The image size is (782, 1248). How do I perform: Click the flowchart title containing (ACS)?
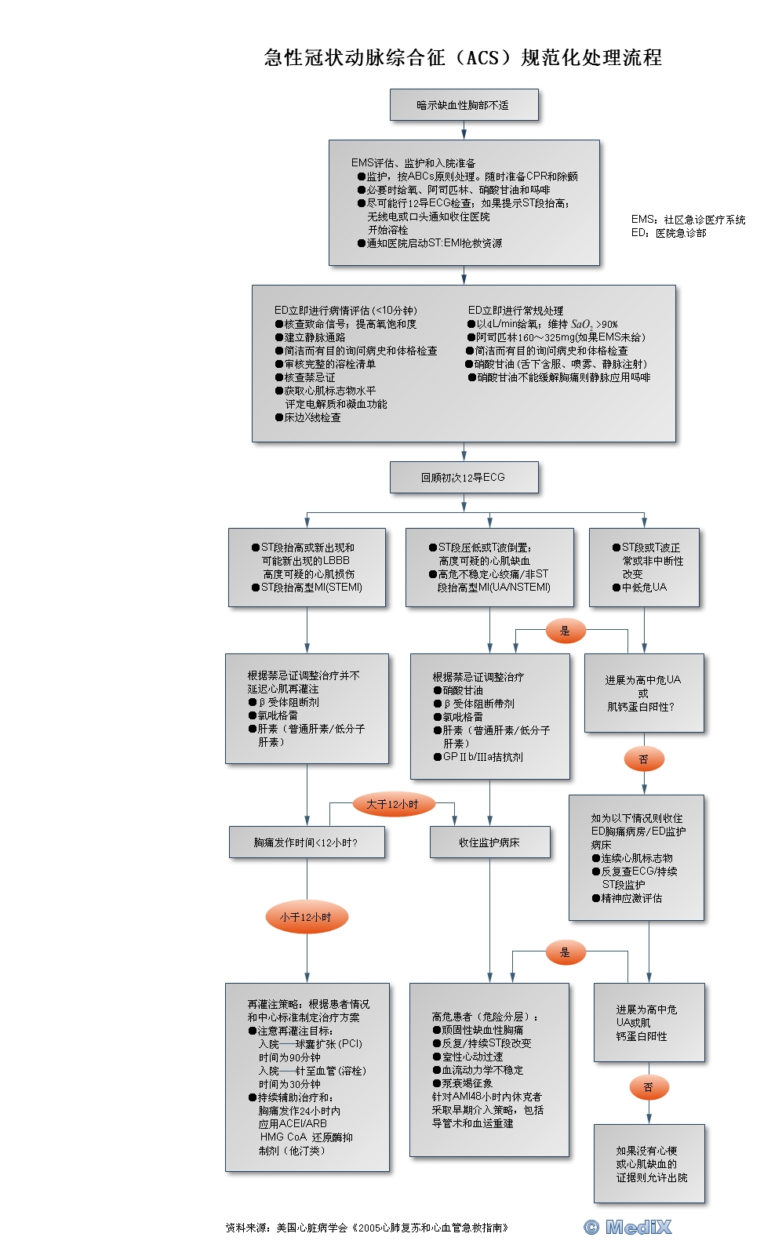coord(463,58)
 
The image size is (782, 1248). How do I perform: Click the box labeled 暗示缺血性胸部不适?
coord(464,105)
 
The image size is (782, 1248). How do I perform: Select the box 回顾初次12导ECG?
coord(464,477)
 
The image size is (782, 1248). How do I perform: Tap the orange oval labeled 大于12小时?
coord(392,804)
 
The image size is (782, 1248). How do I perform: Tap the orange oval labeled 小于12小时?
coord(306,917)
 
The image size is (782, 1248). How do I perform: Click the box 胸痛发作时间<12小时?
coord(306,842)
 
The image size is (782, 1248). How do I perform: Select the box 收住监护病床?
coord(489,842)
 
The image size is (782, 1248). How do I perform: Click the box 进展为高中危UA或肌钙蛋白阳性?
coord(643,693)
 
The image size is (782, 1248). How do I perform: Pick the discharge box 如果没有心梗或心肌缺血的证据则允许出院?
coord(649,1164)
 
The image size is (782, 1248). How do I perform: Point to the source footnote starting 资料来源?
coord(367,1228)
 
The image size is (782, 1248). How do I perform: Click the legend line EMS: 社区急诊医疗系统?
coord(688,220)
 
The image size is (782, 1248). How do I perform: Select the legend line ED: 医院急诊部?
coord(668,233)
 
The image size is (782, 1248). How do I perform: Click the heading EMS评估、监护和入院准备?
coord(413,163)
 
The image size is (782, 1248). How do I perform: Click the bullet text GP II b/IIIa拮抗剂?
coord(482,757)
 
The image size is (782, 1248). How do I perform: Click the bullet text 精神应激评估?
coord(631,898)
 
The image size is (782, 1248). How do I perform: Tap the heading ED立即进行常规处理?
coord(515,311)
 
